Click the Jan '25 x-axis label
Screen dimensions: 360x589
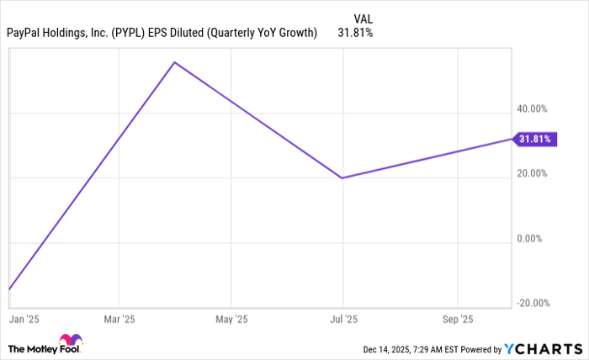[18, 320]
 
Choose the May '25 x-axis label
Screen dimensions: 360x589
[231, 320]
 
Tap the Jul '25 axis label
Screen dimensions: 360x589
[342, 320]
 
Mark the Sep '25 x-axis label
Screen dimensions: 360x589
[457, 320]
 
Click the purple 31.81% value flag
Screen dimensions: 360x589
[534, 139]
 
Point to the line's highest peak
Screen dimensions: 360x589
[174, 62]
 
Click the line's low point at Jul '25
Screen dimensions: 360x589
[342, 177]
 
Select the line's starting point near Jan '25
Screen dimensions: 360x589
[9, 289]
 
